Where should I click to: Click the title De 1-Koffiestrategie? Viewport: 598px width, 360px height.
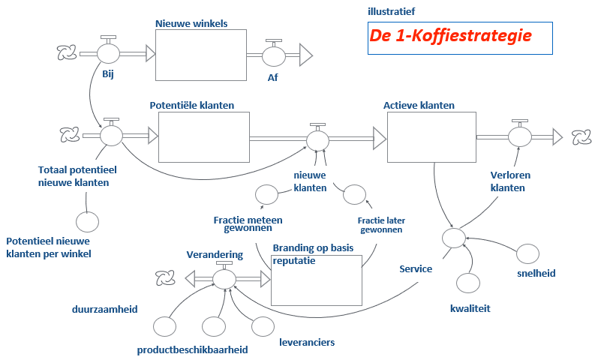click(x=450, y=35)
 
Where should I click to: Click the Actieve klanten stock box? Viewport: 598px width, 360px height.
click(x=431, y=136)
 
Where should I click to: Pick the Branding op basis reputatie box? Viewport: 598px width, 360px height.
click(x=316, y=280)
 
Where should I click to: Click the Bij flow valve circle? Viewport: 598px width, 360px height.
click(x=109, y=53)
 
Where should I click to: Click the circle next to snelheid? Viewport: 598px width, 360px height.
click(x=527, y=254)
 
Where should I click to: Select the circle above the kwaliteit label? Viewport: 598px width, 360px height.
click(x=468, y=283)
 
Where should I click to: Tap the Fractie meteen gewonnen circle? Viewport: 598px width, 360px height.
click(x=266, y=195)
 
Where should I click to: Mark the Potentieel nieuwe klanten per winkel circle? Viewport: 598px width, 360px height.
click(x=87, y=221)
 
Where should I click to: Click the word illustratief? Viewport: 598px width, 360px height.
click(x=391, y=11)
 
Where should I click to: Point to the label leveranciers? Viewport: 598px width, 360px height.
click(x=307, y=343)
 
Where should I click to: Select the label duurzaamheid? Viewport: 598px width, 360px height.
click(x=104, y=308)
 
